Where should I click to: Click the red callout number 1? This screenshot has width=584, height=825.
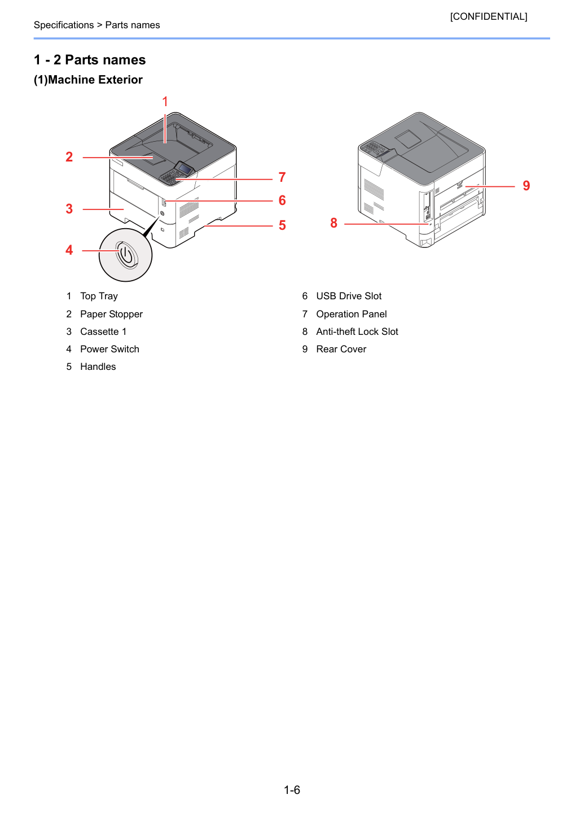165,101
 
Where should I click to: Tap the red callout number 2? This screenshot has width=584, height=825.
69,157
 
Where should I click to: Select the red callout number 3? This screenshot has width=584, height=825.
69,209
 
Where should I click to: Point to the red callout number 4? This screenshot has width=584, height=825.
69,250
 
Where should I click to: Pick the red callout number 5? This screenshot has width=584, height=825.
282,225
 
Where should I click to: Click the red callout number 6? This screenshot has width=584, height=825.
282,200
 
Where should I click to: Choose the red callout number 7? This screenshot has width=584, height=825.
282,177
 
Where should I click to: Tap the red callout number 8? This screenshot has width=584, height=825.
334,223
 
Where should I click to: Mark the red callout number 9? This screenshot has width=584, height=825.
526,186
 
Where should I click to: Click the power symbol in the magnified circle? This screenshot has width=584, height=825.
126,254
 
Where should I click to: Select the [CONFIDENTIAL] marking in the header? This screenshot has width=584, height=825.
489,16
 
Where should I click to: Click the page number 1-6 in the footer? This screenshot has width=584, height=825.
292,789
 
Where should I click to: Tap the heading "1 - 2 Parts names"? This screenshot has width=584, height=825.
90,60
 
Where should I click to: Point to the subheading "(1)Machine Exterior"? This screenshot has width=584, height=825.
88,80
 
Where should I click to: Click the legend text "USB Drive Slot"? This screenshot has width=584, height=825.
349,296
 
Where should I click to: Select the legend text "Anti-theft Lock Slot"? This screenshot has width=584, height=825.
357,331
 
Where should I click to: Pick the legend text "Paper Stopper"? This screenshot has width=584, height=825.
112,314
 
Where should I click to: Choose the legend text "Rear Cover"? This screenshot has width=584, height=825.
341,349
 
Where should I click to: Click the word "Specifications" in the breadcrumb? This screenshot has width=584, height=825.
64,25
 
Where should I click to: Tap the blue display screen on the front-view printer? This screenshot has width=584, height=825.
186,170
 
